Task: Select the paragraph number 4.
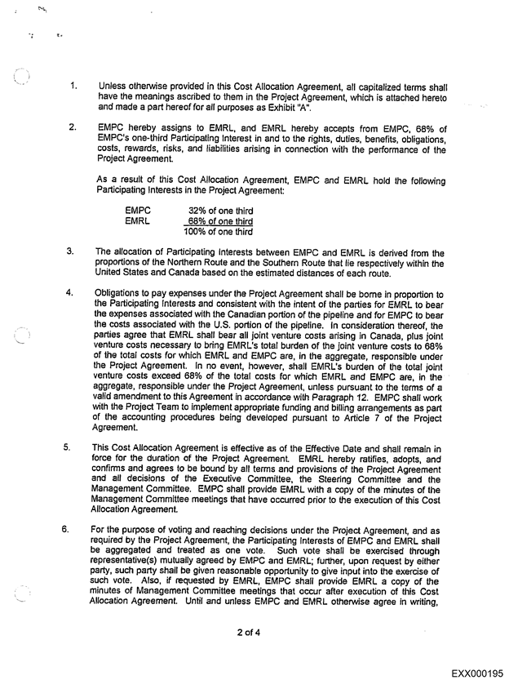pyautogui.click(x=71, y=292)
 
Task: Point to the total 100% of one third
pyautogui.click(x=218, y=231)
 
